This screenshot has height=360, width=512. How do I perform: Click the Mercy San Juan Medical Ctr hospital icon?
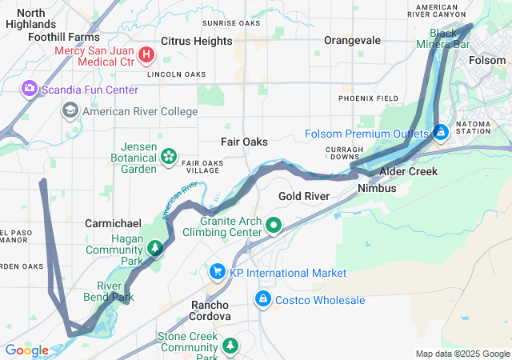coord(146,54)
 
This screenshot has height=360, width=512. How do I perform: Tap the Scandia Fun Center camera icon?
coord(30,87)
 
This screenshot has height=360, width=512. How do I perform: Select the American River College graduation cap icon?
coord(70,110)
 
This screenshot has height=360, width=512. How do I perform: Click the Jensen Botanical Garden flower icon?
coord(169,154)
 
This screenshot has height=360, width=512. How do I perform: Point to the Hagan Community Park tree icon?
coord(154,248)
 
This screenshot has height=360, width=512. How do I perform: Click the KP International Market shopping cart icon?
coord(217,272)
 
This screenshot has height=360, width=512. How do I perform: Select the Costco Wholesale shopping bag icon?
coord(262,299)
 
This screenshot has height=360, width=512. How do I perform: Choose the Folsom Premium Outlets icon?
coord(440,132)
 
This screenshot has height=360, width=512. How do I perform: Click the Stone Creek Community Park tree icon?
coord(230,346)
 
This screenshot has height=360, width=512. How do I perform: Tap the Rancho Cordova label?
coord(210,310)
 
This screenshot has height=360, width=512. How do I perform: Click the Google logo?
coord(27,350)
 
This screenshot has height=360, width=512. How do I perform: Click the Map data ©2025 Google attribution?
coord(462,354)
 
